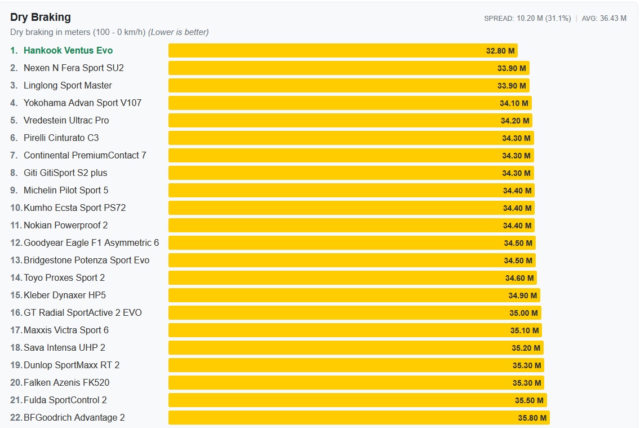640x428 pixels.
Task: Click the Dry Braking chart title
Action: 41,17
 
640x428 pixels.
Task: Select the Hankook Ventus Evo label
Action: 68,50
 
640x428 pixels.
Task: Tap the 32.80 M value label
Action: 500,51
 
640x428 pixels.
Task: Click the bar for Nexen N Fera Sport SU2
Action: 349,68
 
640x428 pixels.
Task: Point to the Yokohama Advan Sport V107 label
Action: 82,103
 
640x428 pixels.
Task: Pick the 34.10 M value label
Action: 514,103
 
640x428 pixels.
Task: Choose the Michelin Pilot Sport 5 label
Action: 66,190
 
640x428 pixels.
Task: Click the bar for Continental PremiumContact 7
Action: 351,156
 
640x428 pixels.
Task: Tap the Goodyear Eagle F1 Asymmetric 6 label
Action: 91,242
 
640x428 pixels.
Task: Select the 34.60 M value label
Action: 519,278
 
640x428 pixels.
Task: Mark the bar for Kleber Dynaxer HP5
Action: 354,295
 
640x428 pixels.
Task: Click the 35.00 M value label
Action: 523,313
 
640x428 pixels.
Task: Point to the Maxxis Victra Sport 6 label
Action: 66,330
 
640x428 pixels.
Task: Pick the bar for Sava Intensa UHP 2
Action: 356,347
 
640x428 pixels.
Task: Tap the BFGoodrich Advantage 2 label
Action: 74,417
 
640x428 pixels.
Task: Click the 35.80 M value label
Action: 532,418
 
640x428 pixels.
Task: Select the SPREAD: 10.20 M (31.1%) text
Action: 527,19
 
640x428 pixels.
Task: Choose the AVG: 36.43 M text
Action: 604,19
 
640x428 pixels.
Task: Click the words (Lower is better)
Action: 179,32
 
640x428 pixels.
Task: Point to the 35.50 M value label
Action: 529,400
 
